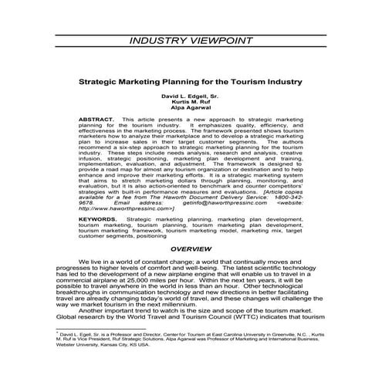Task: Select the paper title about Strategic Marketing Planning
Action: coord(191,79)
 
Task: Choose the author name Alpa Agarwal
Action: coord(191,109)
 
